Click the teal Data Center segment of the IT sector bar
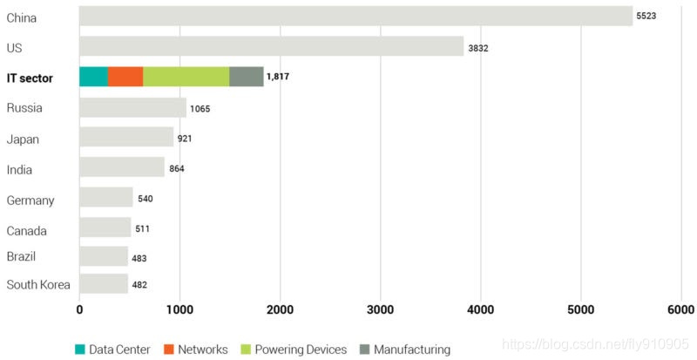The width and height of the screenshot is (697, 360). pos(93,77)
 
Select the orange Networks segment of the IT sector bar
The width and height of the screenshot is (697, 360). pos(125,77)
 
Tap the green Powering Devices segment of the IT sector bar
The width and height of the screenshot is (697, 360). pos(186,77)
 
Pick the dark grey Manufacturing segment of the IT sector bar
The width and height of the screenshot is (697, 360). pos(246,77)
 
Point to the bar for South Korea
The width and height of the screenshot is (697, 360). pos(103,284)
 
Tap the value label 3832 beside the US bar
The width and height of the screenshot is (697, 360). pos(478,48)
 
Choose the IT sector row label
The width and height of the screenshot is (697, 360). pos(30,78)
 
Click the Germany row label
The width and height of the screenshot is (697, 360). pos(30,200)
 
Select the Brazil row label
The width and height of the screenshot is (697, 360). pos(21,257)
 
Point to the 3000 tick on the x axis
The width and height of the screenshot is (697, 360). pos(380,309)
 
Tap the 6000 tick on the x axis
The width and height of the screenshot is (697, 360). pos(680,309)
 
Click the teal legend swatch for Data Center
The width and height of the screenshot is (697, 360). pos(80,350)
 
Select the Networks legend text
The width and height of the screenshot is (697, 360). pos(202,350)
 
